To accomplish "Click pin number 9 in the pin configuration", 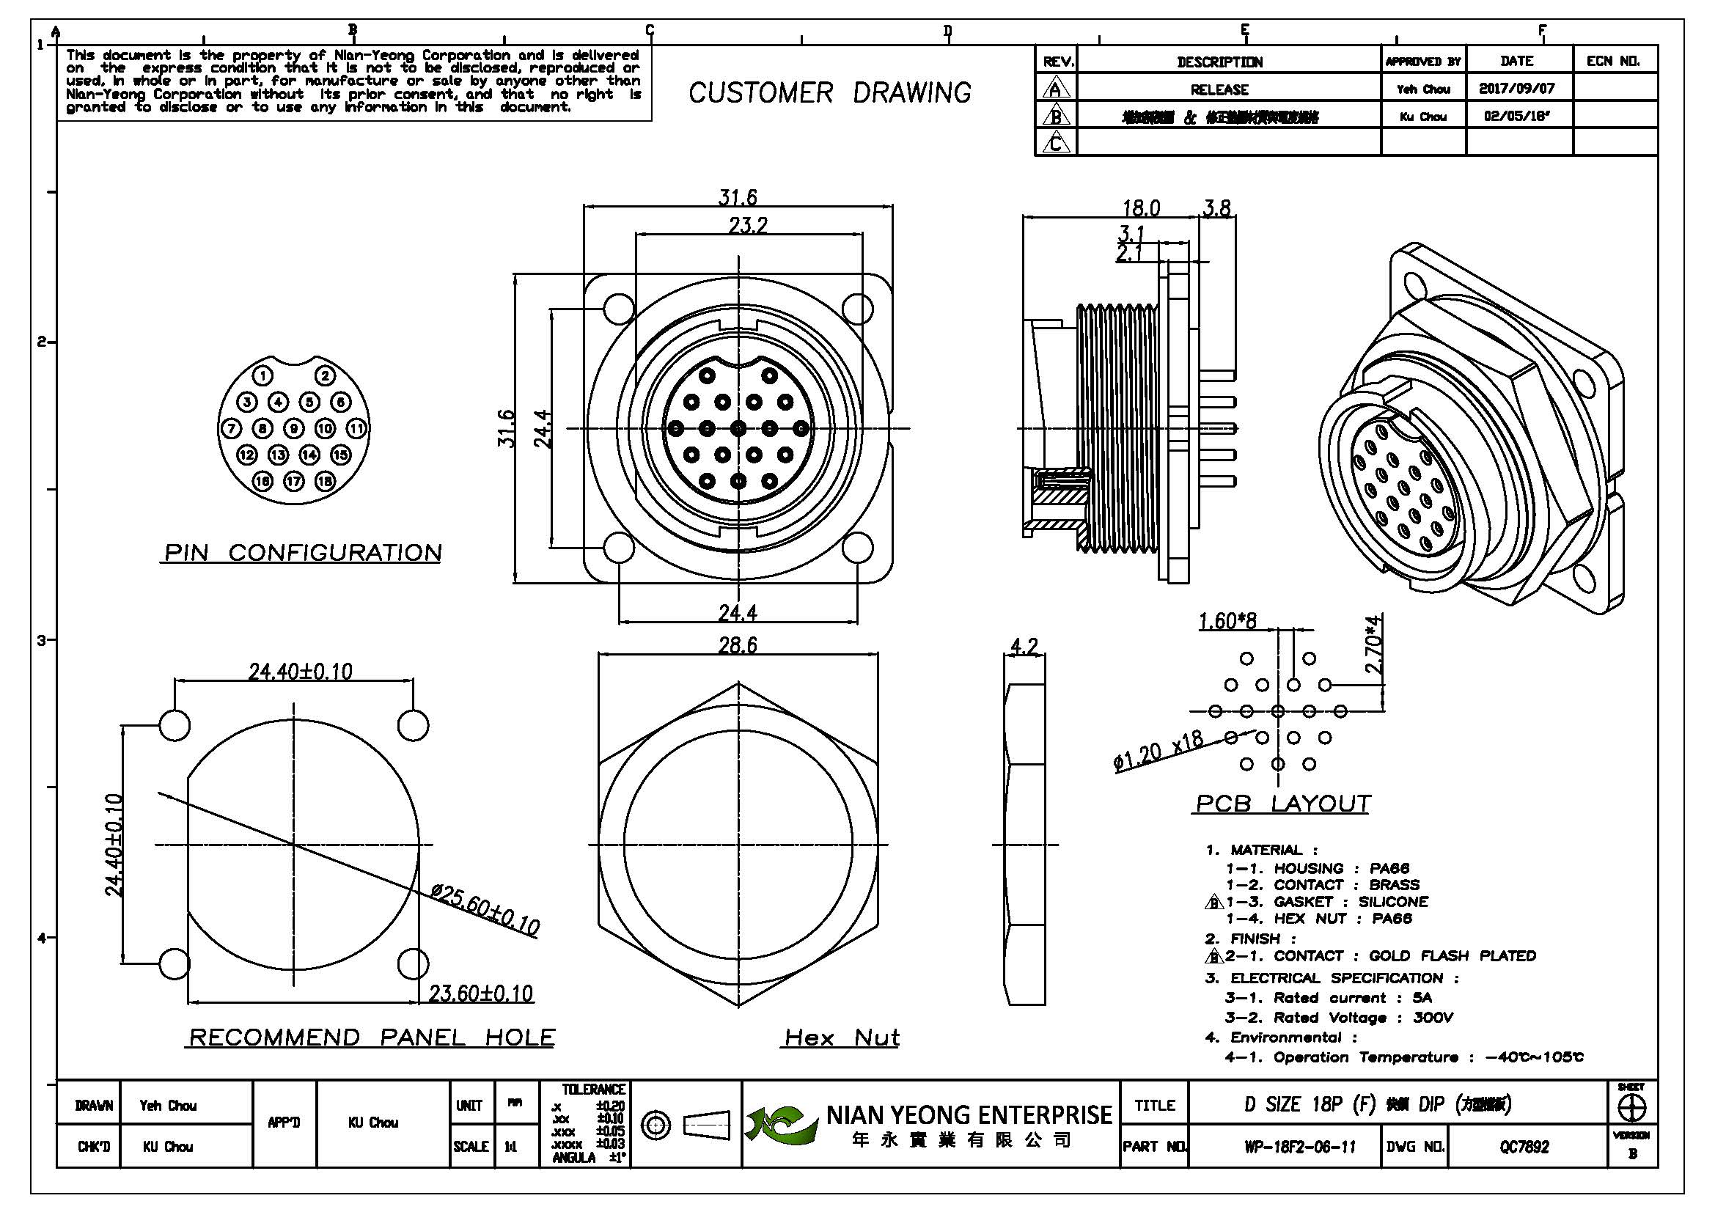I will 294,429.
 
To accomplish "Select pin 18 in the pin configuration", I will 325,482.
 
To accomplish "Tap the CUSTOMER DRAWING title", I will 829,93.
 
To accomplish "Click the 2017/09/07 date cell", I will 1516,88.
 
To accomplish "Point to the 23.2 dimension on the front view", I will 748,225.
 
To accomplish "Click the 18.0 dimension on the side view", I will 1142,207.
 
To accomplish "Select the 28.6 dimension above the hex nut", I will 737,645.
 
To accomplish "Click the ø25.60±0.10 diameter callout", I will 485,911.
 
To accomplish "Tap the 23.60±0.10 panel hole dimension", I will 480,994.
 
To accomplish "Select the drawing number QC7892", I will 1524,1147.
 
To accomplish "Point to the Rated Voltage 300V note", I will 1339,1018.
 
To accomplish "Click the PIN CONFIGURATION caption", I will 303,553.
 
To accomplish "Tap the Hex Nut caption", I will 842,1037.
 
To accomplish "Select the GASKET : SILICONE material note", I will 1326,902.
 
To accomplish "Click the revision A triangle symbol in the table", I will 1054,89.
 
